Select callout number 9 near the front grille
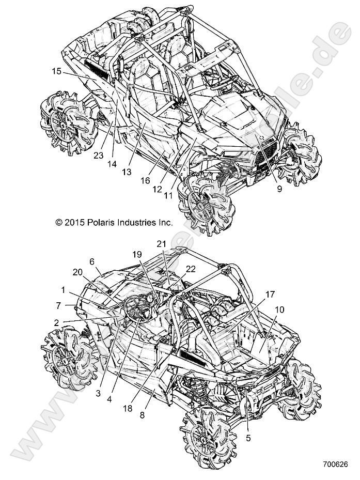click(279, 189)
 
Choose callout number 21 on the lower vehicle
click(161, 243)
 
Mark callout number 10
click(279, 309)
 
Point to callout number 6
click(92, 261)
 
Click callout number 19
click(136, 255)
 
